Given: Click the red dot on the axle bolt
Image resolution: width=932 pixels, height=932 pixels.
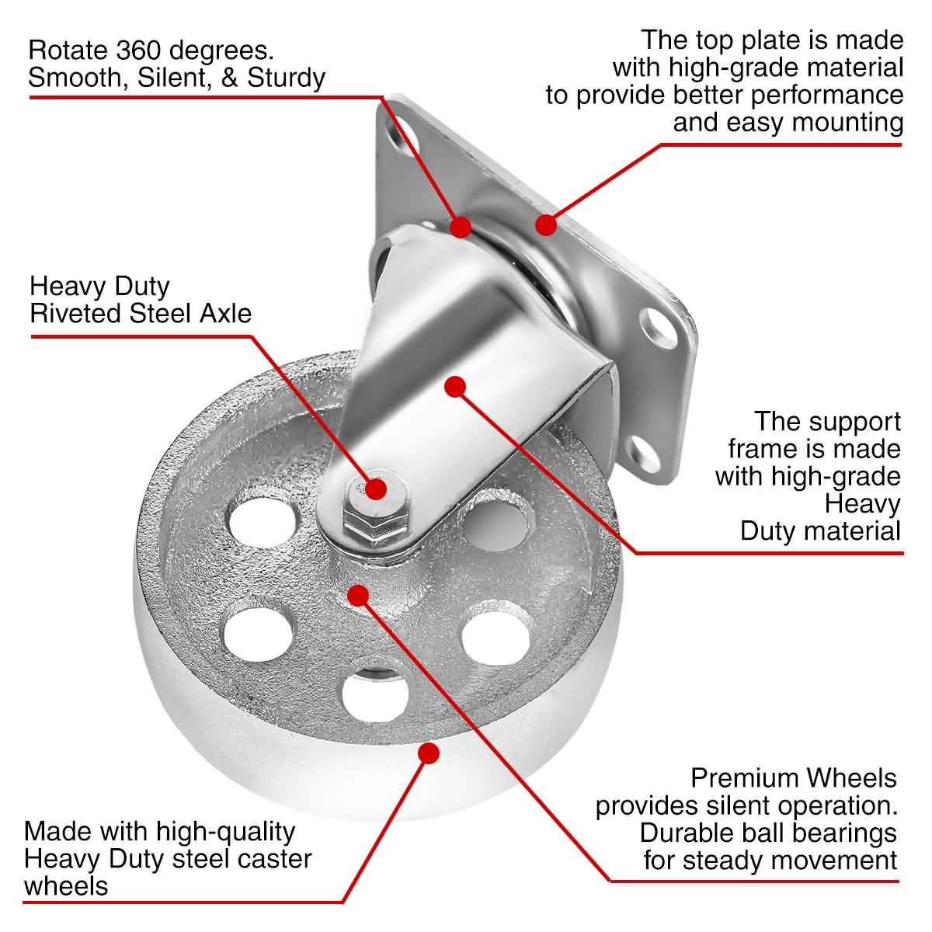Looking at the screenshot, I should coord(377,489).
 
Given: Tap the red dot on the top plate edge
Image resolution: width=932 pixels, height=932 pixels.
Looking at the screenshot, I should coord(547,225).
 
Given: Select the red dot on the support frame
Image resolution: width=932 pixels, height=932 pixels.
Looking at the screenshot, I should coord(455,386).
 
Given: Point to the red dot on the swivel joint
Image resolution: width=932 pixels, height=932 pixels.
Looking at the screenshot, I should coord(461,226).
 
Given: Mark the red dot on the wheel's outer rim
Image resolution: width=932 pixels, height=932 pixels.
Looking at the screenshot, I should coord(429,753).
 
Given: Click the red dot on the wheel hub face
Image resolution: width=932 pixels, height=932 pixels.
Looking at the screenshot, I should coord(358,595).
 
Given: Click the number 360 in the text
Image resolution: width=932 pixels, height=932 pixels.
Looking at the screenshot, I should coord(143,50).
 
